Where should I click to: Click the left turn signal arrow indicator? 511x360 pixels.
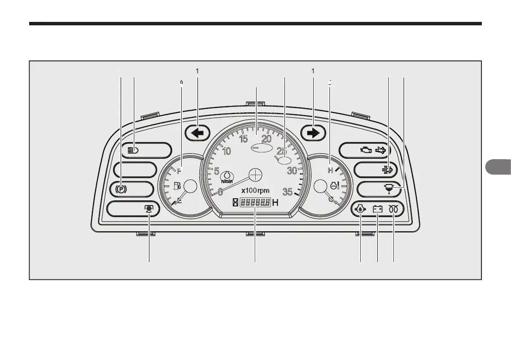point(197,133)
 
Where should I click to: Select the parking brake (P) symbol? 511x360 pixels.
point(121,189)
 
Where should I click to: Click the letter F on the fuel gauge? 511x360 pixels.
point(179,172)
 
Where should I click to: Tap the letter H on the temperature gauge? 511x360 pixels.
point(330,170)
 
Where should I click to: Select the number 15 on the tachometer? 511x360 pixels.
point(243,139)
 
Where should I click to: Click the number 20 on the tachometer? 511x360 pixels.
point(266,139)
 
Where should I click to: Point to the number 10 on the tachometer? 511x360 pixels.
point(226,151)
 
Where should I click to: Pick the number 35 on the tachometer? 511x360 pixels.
point(287,192)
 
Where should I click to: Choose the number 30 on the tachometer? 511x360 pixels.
point(292,170)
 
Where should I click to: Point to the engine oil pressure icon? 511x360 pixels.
point(360,209)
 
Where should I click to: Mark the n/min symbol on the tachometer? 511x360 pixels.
point(227,177)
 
